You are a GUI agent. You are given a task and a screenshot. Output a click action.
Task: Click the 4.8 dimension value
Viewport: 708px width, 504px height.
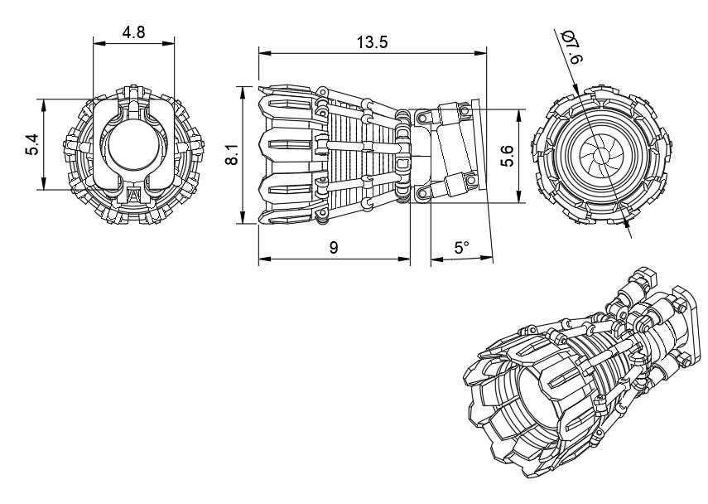point(134,32)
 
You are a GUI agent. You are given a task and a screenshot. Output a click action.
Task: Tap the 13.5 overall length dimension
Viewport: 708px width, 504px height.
point(373,43)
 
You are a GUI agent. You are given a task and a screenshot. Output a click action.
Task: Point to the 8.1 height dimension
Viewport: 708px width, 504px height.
point(234,154)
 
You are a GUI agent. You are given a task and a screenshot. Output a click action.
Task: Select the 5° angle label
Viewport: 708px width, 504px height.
point(461,248)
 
